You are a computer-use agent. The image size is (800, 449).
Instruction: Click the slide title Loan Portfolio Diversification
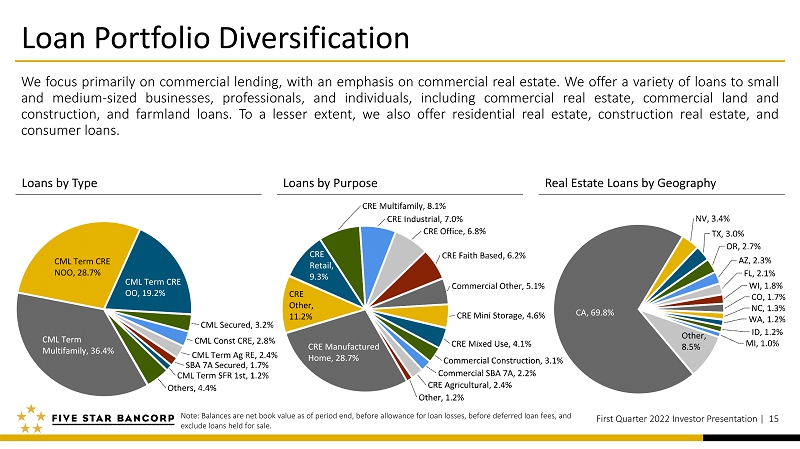click(x=215, y=38)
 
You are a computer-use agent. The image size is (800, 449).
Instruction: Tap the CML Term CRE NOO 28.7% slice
click(x=77, y=265)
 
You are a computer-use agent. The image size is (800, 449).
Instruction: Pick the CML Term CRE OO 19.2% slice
click(x=153, y=281)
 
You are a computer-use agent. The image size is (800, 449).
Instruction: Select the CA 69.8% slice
click(x=602, y=311)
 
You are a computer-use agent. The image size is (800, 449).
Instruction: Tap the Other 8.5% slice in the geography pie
click(x=694, y=342)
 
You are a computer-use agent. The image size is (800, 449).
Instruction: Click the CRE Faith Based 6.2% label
click(x=484, y=255)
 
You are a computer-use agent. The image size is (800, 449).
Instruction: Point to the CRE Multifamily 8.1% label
click(x=404, y=206)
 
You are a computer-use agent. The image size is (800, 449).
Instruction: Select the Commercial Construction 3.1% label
click(x=503, y=360)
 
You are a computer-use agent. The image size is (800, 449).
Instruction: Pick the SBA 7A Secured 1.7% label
click(x=227, y=365)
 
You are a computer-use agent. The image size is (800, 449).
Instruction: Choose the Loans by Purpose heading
click(x=330, y=183)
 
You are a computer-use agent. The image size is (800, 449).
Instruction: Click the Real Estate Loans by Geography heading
click(x=631, y=183)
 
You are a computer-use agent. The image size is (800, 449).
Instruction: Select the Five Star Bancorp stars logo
click(x=31, y=418)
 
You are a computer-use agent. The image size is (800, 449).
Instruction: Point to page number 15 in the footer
click(x=773, y=419)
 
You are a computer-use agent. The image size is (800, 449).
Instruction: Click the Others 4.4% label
click(x=192, y=388)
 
